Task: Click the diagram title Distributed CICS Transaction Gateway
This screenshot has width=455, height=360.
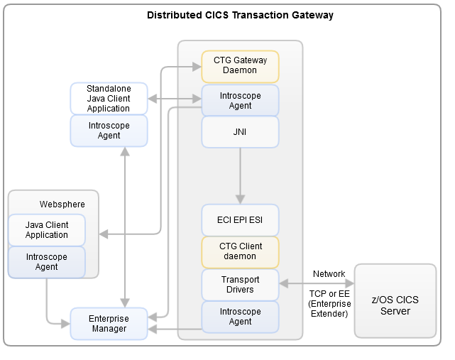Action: [x=239, y=15]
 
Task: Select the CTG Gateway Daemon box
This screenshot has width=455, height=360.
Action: [x=240, y=66]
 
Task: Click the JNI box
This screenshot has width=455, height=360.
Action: [x=240, y=131]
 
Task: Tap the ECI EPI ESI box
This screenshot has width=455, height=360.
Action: [x=240, y=219]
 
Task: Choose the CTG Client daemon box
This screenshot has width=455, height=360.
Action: [x=240, y=251]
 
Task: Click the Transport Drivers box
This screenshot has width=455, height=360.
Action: [x=240, y=284]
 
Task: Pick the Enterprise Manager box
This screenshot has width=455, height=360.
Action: [x=109, y=323]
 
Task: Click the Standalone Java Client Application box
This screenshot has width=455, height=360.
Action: [x=109, y=98]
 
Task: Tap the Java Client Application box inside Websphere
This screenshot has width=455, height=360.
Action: [x=47, y=230]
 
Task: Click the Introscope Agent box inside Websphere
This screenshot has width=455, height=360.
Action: [x=47, y=262]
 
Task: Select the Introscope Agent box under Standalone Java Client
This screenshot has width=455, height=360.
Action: [x=109, y=131]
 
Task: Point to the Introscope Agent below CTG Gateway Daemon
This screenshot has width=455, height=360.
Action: [x=240, y=100]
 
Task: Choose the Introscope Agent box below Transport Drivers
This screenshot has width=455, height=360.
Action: [x=240, y=317]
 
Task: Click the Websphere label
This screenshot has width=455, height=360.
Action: [x=62, y=204]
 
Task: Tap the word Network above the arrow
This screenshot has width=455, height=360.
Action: [x=329, y=274]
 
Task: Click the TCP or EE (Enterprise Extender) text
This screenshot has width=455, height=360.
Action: [x=329, y=302]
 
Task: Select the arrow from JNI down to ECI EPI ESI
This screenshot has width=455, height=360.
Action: [x=240, y=174]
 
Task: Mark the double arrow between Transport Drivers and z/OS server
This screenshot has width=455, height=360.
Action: [x=316, y=284]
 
